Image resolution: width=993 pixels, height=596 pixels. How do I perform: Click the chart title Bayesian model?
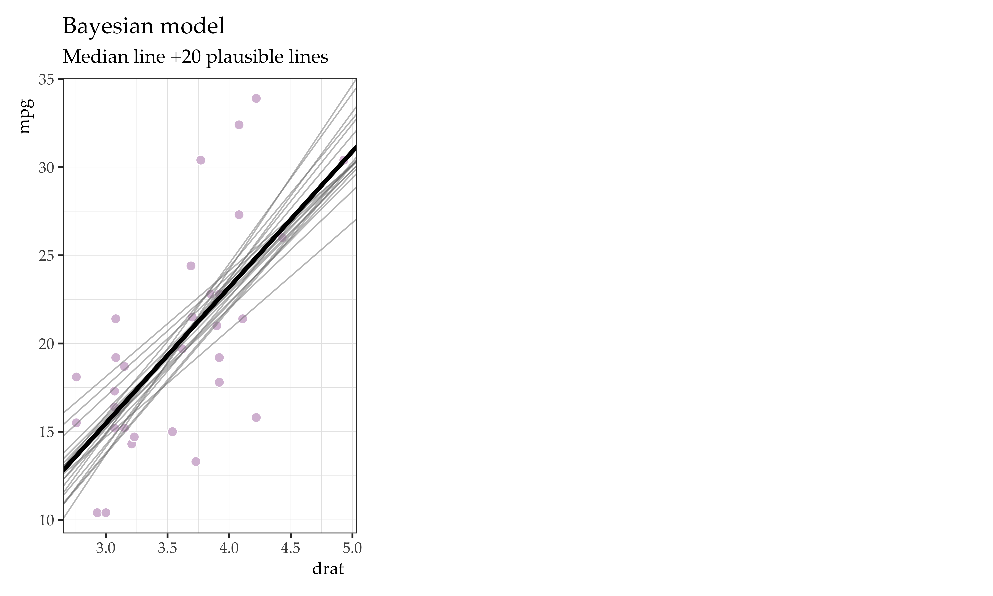click(x=144, y=26)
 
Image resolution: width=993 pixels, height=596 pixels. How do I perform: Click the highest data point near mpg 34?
click(x=256, y=98)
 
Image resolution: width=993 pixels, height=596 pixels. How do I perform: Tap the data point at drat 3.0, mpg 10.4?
click(x=106, y=513)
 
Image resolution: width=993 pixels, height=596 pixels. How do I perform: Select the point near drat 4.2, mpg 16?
click(x=256, y=418)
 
